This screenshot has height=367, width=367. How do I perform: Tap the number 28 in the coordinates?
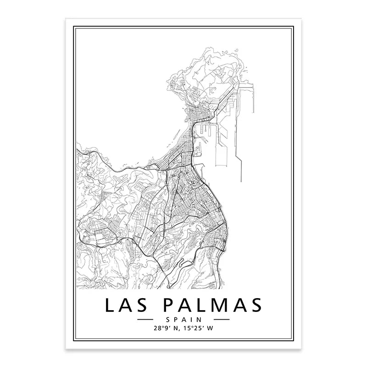[x=159, y=328]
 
